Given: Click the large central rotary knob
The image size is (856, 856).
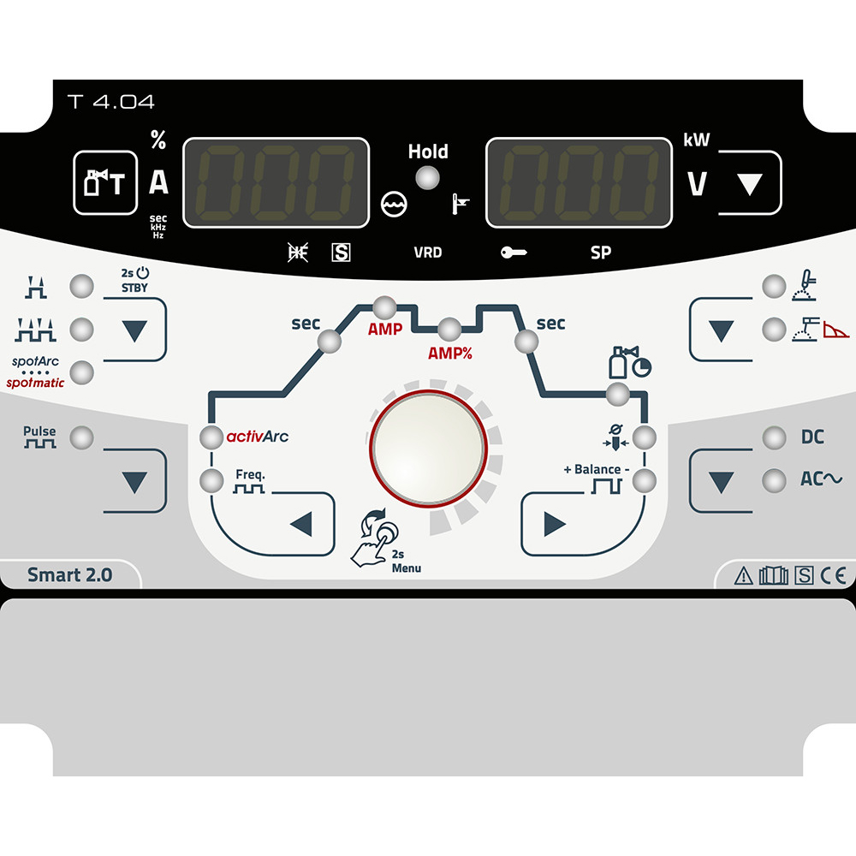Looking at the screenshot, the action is (x=428, y=449).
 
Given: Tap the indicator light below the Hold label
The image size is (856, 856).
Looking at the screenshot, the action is (x=427, y=178).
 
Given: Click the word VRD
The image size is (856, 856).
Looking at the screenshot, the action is (x=427, y=253).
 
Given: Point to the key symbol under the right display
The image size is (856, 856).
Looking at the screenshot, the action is (x=514, y=253).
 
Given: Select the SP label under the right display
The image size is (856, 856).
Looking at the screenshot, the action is (x=601, y=253).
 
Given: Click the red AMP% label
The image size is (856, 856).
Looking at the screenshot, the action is (x=450, y=354).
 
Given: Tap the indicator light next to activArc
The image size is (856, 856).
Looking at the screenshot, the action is (x=211, y=437).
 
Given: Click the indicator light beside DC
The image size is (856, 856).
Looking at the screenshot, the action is (x=774, y=437).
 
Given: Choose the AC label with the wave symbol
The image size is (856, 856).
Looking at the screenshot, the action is (x=821, y=479).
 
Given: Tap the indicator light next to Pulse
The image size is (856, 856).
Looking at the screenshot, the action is (x=82, y=437).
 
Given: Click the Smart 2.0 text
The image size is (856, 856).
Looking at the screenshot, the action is (x=70, y=575).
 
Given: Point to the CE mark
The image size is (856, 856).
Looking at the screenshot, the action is (x=834, y=575).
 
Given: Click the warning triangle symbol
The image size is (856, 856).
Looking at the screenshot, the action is (x=744, y=576).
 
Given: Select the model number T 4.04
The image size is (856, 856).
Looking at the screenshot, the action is (x=110, y=102).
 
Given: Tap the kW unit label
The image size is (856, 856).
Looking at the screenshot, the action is (x=697, y=140).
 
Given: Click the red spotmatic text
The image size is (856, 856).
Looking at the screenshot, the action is (x=35, y=383).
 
